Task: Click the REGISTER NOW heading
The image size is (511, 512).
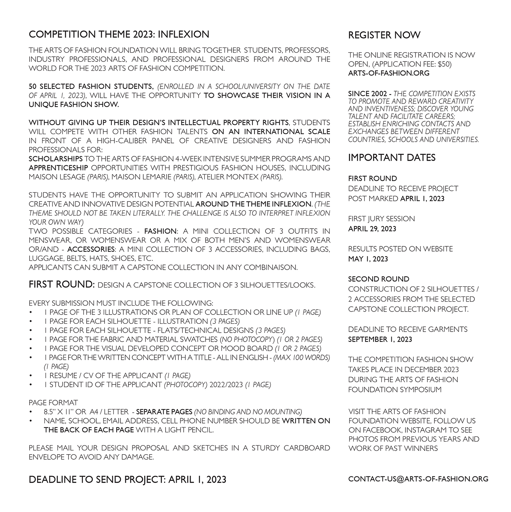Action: pyautogui.click(x=384, y=35)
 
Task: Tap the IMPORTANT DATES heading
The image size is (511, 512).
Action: pyautogui.click(x=392, y=157)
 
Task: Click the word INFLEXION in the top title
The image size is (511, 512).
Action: pyautogui.click(x=183, y=34)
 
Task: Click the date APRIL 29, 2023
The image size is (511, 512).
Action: pyautogui.click(x=372, y=229)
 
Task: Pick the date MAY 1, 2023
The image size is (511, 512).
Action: pyautogui.click(x=368, y=259)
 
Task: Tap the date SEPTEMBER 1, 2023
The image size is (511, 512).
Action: pyautogui.click(x=380, y=339)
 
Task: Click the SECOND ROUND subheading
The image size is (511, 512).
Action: pyautogui.click(x=378, y=279)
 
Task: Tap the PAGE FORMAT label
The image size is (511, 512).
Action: pyautogui.click(x=53, y=402)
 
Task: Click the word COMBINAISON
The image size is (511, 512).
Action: pyautogui.click(x=272, y=267)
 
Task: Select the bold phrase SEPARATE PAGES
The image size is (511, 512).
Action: pyautogui.click(x=164, y=412)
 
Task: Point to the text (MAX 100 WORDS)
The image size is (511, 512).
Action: pyautogui.click(x=301, y=358)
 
